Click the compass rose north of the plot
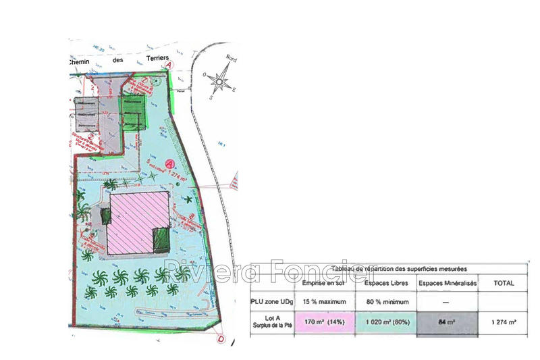(219, 82)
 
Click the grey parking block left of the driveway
(87, 115)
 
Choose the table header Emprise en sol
(324, 284)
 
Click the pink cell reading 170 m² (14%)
(324, 323)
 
